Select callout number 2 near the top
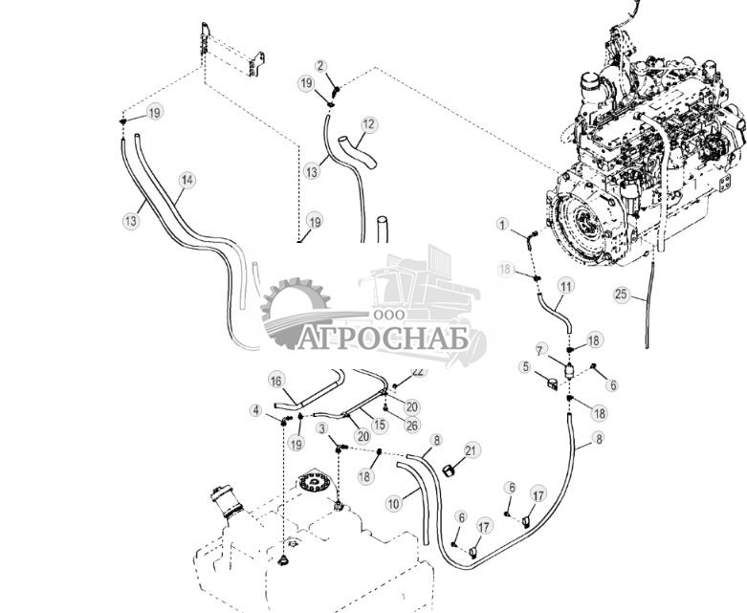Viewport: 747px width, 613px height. [321, 66]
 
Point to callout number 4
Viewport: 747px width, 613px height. [256, 410]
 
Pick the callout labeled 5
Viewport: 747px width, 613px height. [525, 365]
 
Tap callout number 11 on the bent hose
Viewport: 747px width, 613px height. [565, 286]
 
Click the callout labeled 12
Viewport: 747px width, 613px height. [369, 124]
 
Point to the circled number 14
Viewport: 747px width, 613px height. [187, 180]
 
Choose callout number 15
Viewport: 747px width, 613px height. [379, 425]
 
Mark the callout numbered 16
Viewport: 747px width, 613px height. [275, 380]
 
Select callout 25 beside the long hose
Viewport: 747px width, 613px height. [622, 295]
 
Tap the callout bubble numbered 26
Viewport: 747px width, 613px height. [412, 425]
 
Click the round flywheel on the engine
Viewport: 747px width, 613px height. [584, 225]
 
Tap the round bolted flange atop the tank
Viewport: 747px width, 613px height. [313, 480]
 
